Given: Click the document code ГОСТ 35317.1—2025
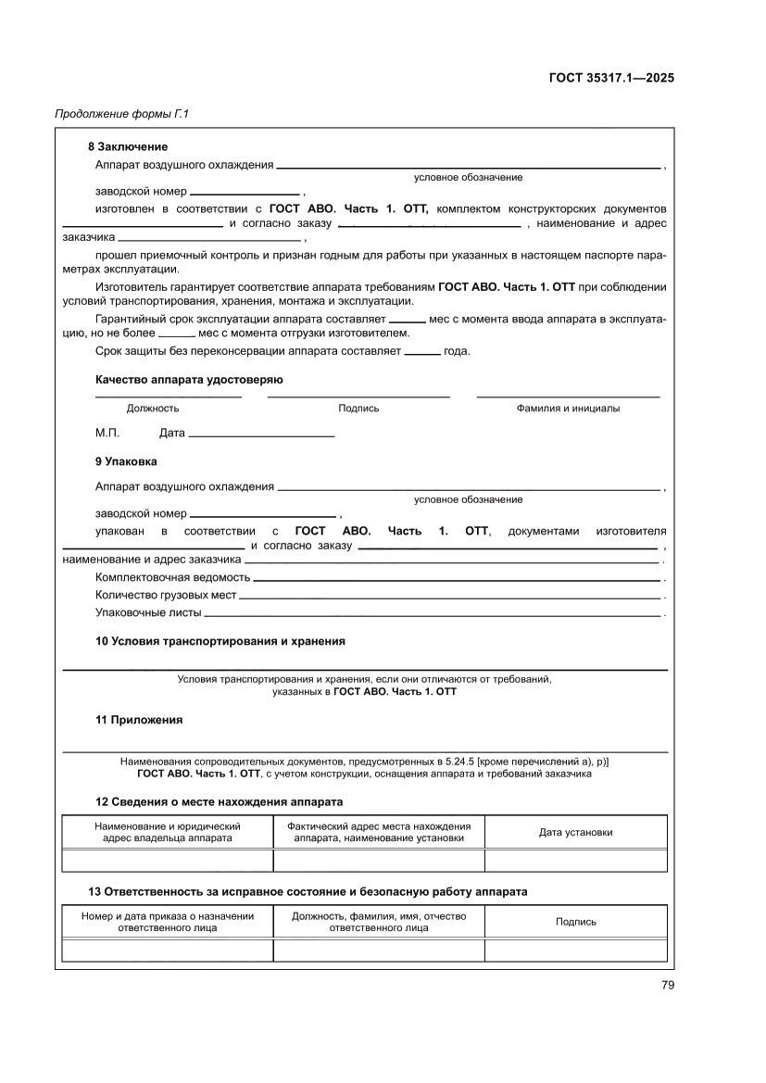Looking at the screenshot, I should (610, 78).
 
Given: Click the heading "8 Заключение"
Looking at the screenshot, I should (127, 146).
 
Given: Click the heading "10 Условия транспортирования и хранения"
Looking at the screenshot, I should (220, 641).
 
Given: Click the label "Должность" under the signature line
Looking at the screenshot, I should (153, 408).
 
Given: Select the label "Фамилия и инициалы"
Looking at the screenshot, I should (568, 408).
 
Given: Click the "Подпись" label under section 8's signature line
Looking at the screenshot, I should (358, 408).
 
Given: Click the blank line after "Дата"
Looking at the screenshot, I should (261, 434).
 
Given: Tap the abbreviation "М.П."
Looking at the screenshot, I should (107, 433).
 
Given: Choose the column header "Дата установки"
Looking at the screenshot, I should (575, 832).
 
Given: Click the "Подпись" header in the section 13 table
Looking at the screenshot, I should (575, 922).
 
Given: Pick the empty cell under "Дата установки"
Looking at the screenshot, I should (575, 861).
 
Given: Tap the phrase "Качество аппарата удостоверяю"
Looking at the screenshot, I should (189, 380).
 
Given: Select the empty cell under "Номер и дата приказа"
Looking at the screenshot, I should (168, 951).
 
